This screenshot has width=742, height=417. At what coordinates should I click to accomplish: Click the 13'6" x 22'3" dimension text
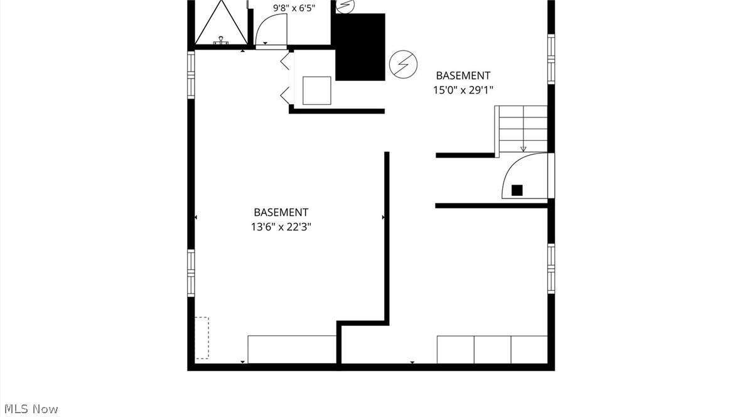coord(281,227)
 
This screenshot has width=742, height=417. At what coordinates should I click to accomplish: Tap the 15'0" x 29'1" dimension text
coord(463,90)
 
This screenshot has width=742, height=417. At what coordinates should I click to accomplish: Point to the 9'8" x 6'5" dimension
coord(294,8)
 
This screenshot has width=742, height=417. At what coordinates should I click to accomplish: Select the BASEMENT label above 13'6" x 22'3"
coord(281,212)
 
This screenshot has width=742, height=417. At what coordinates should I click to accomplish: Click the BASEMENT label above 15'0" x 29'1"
coord(463,75)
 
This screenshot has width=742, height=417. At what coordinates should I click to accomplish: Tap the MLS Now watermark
coord(31,409)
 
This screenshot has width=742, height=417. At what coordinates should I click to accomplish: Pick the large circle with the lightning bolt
coord(403,64)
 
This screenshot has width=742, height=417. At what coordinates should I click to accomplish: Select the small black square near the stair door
coord(517,190)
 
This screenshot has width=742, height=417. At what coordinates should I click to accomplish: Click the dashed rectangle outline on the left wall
coord(202,338)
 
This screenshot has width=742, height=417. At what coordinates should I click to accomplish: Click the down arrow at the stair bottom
coord(524,149)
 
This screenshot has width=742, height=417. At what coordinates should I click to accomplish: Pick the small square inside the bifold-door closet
coord(316,90)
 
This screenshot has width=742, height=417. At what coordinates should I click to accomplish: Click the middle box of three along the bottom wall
coord(492,350)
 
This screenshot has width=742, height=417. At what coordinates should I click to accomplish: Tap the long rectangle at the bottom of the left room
coord(292,350)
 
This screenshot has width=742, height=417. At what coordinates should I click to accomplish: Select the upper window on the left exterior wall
coord(191,75)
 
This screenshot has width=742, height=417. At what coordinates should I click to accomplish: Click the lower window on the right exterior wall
coord(551,269)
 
